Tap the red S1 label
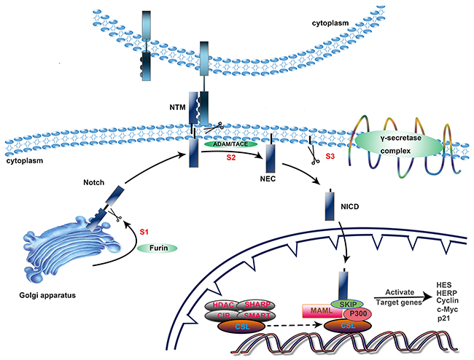click(x=146, y=231)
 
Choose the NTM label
click(x=178, y=106)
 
